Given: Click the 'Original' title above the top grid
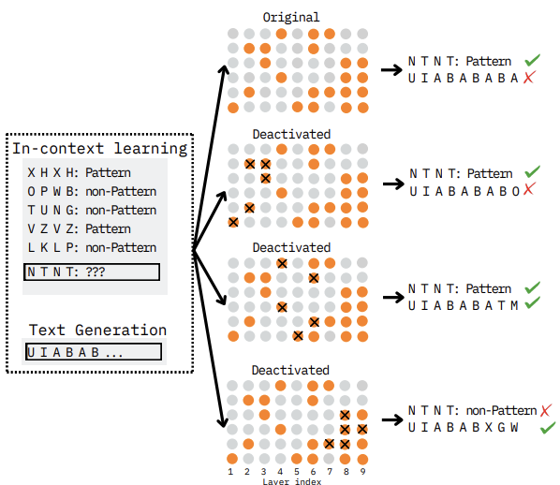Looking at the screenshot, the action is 291,18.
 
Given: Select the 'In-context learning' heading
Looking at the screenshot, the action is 100,149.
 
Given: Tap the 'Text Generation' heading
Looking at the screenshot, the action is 97,330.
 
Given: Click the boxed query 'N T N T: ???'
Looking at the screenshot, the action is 92,272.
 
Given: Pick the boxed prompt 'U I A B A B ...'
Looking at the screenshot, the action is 94,352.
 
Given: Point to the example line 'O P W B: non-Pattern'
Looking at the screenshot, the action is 92,191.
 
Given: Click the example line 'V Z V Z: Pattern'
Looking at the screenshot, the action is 79,228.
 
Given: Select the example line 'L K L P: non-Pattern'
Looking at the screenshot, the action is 92,247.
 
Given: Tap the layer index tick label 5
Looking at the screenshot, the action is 297,472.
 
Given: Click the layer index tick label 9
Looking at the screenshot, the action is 362,472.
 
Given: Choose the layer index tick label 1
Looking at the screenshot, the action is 230,472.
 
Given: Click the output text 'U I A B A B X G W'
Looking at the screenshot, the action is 464,427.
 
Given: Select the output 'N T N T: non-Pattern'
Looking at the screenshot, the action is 473,411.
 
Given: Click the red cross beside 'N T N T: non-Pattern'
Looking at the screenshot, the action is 546,411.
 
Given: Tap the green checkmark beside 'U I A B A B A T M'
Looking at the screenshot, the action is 533,302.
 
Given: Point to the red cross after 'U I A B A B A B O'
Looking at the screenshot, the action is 529,188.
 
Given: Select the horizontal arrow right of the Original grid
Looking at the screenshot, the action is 391,69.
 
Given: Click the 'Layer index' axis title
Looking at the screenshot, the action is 292,481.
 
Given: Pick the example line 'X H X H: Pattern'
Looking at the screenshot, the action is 79,173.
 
